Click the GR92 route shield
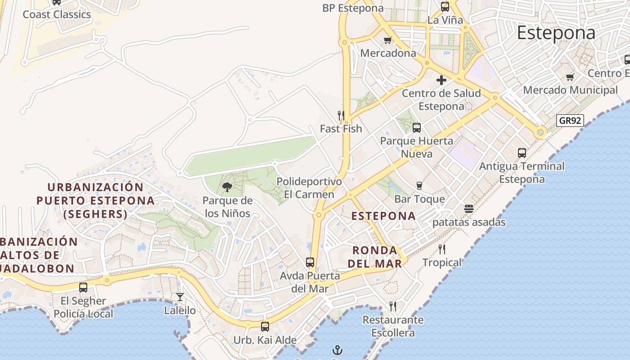[x=570, y=121]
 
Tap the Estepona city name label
[x=556, y=33]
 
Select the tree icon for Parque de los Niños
[x=227, y=187]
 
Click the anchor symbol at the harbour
[x=337, y=350]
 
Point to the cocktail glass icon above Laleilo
[x=180, y=297]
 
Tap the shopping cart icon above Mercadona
[x=387, y=40]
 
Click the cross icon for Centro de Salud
[x=441, y=80]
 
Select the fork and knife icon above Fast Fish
[x=341, y=116]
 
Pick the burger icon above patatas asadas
[x=469, y=209]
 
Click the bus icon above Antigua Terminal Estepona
[x=522, y=153]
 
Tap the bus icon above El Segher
[x=83, y=287]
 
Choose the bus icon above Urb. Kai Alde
[x=265, y=327]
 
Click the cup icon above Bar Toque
[x=419, y=186]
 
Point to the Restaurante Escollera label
[x=393, y=326]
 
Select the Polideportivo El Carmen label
[x=309, y=188]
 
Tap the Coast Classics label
[x=57, y=14]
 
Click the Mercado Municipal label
[x=570, y=90]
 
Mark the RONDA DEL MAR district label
[x=375, y=257]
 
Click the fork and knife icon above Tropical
[x=442, y=249]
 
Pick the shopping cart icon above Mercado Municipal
[x=570, y=77]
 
